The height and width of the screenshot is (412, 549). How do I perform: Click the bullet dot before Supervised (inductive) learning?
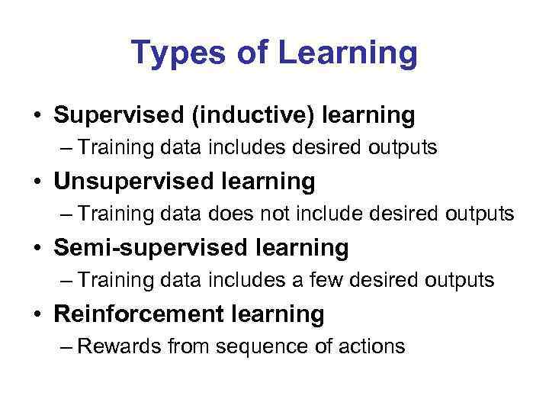[37, 117]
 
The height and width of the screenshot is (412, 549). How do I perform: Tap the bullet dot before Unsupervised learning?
[37, 182]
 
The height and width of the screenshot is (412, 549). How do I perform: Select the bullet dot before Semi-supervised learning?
[37, 249]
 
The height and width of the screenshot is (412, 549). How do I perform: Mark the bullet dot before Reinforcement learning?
[37, 314]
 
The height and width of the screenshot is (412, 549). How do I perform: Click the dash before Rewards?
[66, 347]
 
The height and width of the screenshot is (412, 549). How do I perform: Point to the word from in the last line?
[189, 346]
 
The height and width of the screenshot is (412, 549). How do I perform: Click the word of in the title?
[249, 53]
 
